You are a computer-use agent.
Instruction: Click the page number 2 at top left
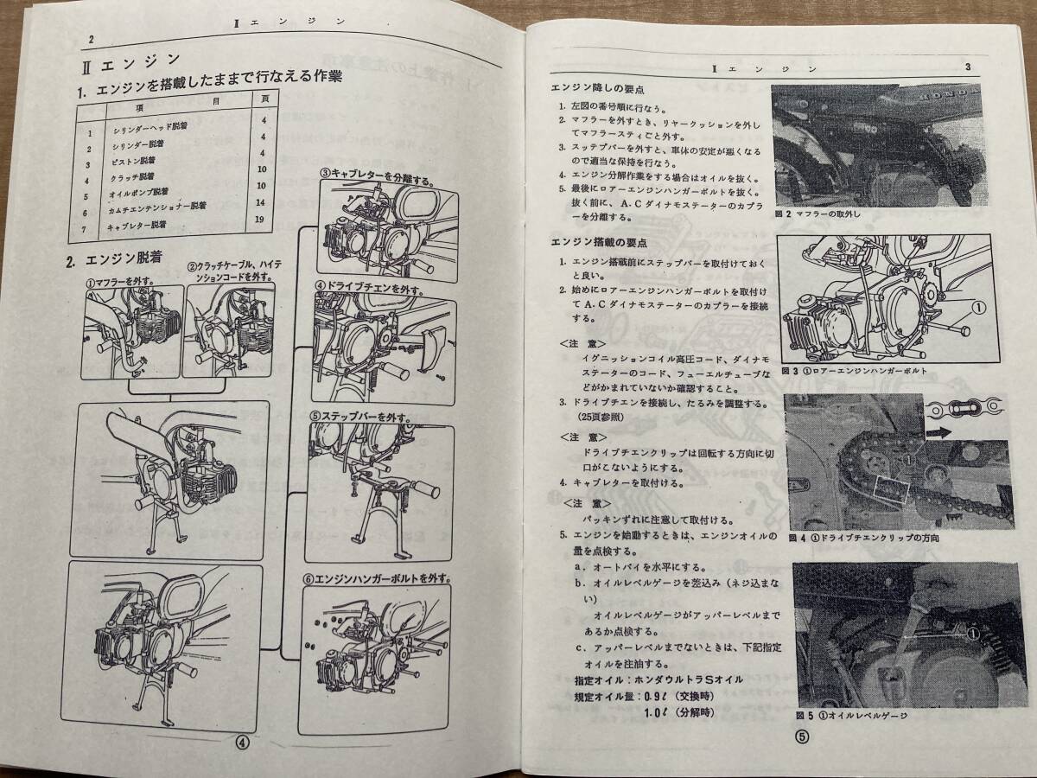coord(92,39)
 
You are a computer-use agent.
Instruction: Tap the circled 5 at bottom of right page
coord(802,737)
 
